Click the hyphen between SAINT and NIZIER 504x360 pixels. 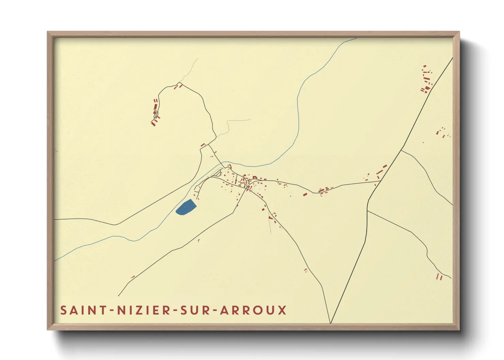[111, 310]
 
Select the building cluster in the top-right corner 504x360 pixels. [426, 80]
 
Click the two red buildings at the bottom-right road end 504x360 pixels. [440, 277]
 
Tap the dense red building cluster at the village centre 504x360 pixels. [247, 182]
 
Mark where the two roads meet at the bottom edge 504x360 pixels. [330, 323]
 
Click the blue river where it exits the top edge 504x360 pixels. [354, 38]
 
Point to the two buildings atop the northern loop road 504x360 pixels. [178, 86]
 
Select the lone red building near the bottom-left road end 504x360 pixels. [133, 277]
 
